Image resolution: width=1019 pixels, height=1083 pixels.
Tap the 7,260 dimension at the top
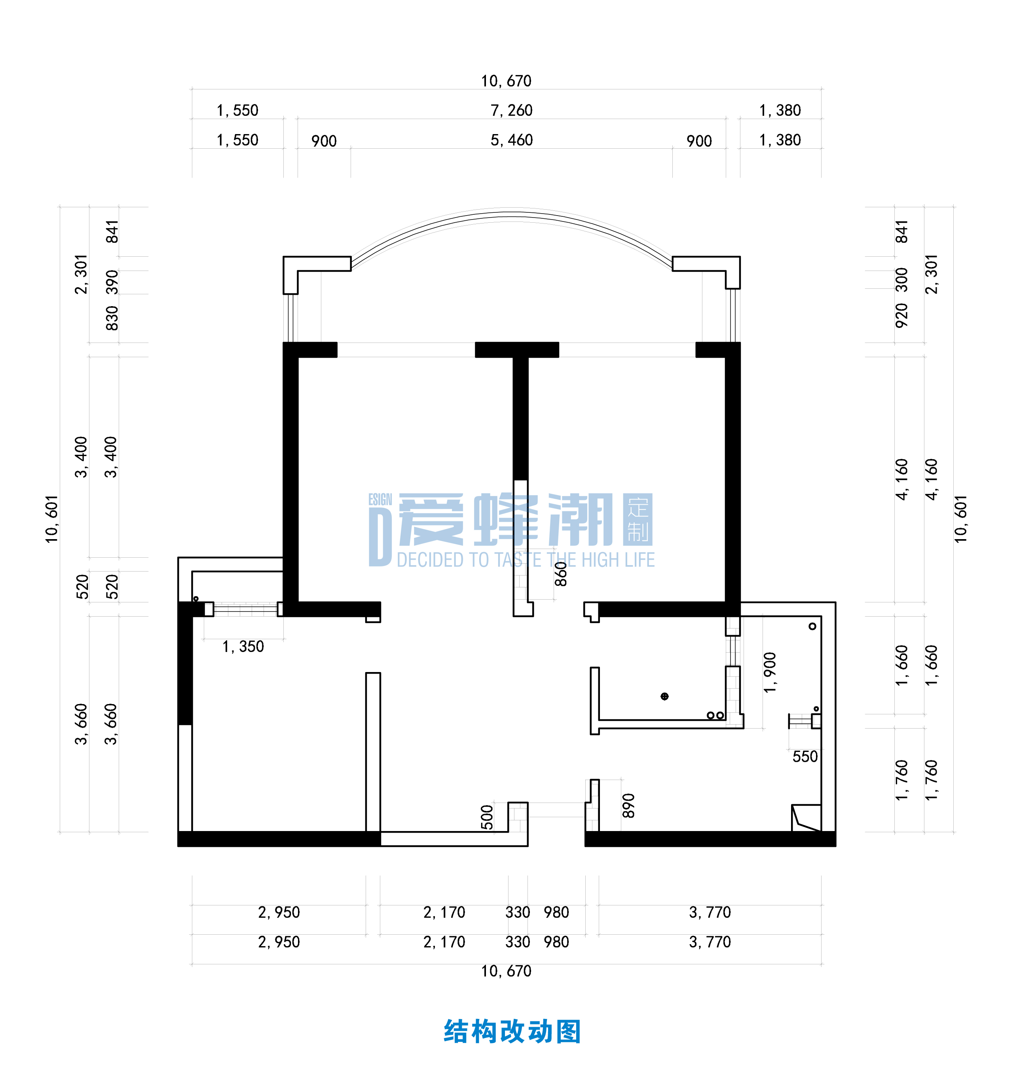pos(511,111)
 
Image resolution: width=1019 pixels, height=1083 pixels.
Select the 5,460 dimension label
pos(511,140)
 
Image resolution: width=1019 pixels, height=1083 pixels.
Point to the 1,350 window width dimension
pos(243,647)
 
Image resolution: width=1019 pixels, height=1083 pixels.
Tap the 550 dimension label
pos(805,757)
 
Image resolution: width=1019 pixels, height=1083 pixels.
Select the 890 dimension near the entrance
pos(628,806)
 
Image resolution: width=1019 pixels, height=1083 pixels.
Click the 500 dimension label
pos(487,817)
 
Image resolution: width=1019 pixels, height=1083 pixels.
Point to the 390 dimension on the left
pos(112,282)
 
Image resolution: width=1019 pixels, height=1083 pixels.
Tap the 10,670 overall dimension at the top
pos(506,81)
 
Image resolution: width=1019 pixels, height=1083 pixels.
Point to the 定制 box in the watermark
pos(638,520)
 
